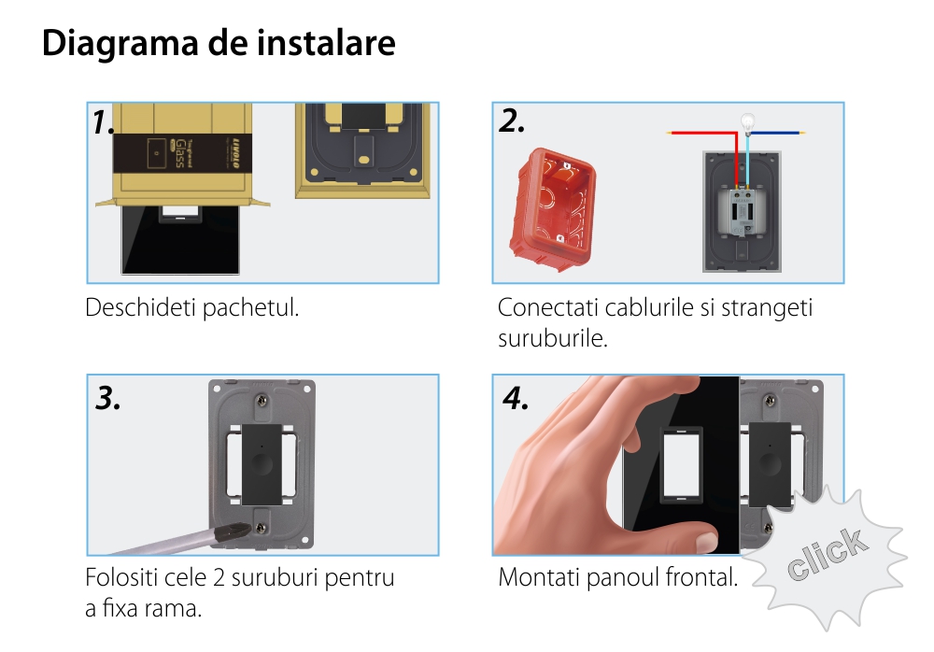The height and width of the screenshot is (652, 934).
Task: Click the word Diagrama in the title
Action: point(120,44)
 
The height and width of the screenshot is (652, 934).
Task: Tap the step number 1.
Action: point(103,122)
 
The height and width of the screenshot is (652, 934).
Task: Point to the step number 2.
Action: point(512,121)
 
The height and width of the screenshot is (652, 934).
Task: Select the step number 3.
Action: point(108,398)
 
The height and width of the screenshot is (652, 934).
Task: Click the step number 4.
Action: point(516,398)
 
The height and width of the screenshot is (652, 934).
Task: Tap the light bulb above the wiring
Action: point(747,123)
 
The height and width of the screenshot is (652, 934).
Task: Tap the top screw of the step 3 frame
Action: point(262,404)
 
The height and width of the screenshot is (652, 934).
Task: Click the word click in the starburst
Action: point(827,553)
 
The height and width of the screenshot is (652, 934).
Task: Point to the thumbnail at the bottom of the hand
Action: point(707,543)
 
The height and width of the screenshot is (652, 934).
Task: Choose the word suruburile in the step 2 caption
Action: point(553,338)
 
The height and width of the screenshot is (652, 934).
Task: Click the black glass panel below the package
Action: point(180,241)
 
